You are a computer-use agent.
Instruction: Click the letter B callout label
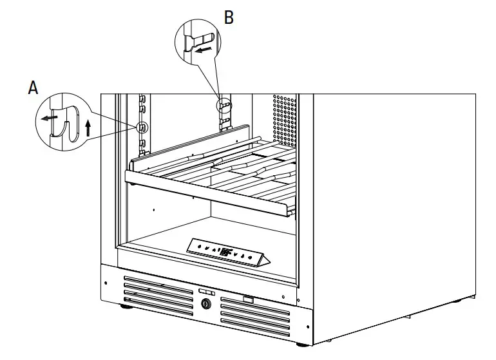pyautogui.click(x=229, y=17)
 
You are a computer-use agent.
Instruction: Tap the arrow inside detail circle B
pyautogui.click(x=204, y=48)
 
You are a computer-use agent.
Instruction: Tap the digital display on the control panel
pyautogui.click(x=227, y=252)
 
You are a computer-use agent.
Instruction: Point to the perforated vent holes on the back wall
pyautogui.click(x=287, y=119)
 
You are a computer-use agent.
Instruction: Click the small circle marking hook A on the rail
pyautogui.click(x=142, y=126)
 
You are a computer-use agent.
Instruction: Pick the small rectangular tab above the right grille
pyautogui.click(x=248, y=299)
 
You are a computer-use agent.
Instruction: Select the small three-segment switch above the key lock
pyautogui.click(x=207, y=292)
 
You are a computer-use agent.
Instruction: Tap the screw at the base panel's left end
pyautogui.click(x=105, y=283)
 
